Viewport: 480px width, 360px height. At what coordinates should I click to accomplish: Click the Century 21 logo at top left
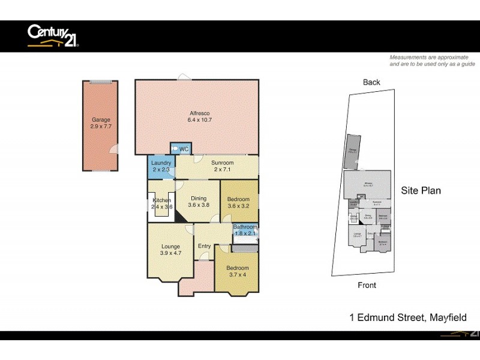click(53, 35)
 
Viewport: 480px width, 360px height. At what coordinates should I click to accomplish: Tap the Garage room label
click(101, 124)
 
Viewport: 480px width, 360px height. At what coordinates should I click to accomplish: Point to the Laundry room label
click(161, 166)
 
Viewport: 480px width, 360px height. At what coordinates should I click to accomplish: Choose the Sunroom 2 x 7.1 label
click(223, 166)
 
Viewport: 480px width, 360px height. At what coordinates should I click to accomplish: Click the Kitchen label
click(162, 203)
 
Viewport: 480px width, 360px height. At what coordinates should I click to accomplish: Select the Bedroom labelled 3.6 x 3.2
click(239, 202)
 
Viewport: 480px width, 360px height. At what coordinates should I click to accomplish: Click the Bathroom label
click(245, 230)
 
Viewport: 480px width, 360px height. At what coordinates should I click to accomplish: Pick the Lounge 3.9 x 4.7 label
click(170, 249)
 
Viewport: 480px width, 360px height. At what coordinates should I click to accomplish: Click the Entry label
click(205, 246)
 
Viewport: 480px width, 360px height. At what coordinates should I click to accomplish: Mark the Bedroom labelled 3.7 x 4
click(238, 271)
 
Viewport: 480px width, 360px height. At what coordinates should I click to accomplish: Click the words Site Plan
click(421, 191)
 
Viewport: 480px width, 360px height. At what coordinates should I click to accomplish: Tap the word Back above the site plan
click(371, 82)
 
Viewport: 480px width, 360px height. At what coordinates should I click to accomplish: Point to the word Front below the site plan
click(367, 285)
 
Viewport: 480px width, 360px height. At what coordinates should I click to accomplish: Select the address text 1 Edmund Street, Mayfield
click(408, 318)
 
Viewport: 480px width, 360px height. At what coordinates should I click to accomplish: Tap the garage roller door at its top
click(101, 82)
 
